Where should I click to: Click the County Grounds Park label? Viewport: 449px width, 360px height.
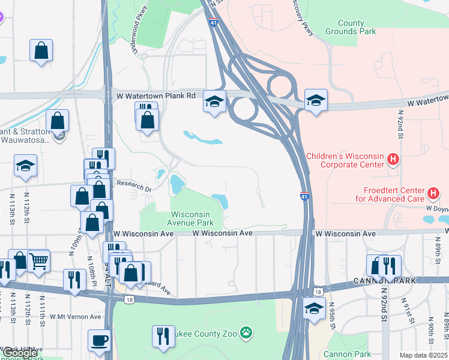click(351, 27)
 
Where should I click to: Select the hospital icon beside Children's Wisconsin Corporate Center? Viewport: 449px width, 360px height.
click(393, 160)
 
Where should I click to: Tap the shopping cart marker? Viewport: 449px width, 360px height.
click(38, 261)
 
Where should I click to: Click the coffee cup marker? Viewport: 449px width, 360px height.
click(100, 340)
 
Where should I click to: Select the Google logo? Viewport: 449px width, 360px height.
click(19, 353)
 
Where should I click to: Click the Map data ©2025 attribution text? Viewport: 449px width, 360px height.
click(423, 355)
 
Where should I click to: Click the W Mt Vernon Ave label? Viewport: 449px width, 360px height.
click(75, 316)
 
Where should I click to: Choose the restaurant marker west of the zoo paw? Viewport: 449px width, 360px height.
click(161, 335)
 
